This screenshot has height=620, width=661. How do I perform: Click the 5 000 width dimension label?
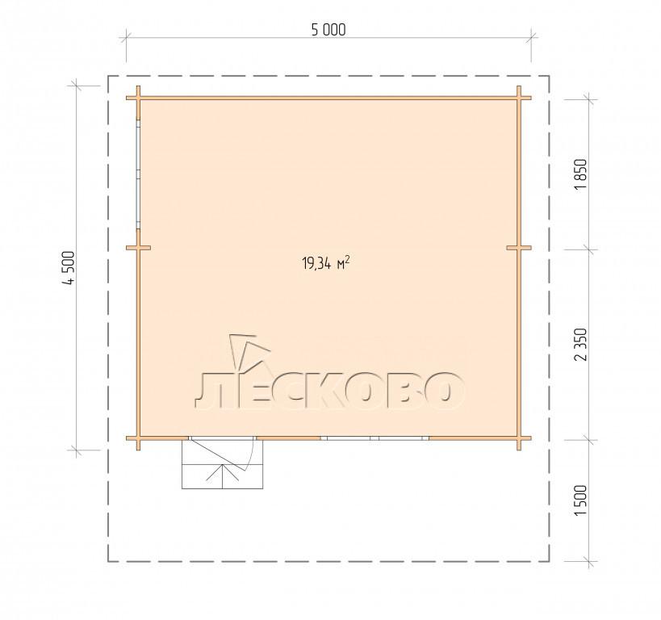328,30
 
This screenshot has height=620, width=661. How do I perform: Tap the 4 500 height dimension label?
69,268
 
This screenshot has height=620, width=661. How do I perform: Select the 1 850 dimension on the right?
580,174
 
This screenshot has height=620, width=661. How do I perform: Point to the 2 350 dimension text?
580,344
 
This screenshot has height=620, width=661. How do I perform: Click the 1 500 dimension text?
580,500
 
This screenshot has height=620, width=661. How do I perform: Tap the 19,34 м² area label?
326,264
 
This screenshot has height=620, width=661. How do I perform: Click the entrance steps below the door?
222,464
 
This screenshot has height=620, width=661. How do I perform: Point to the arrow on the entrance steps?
222,476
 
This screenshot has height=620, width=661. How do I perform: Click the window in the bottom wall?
374,438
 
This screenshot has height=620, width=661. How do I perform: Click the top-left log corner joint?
138,98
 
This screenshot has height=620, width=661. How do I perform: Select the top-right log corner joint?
519,98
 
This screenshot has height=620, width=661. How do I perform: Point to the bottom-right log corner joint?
519,438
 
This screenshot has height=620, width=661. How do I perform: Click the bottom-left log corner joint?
138,438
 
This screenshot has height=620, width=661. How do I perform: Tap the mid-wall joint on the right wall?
519,248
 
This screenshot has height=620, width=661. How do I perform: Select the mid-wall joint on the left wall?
138,248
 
